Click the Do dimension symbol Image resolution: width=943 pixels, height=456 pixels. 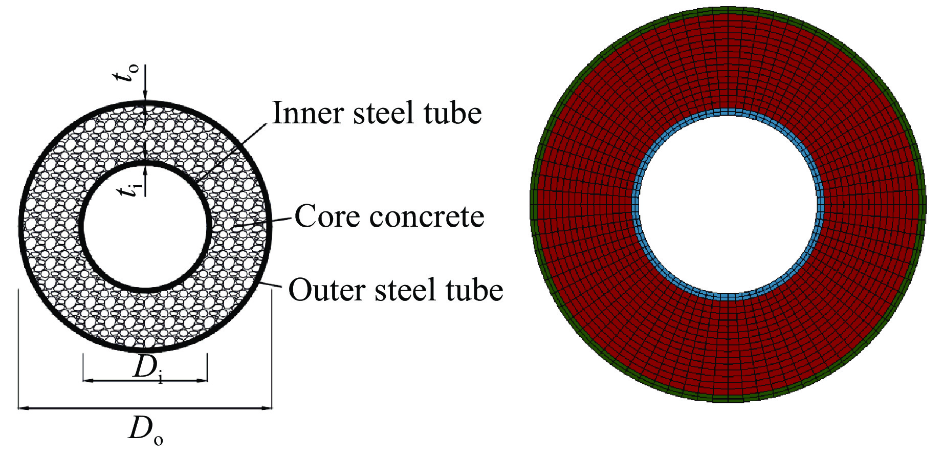pyautogui.click(x=145, y=430)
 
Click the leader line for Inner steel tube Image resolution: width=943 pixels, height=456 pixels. pyautogui.click(x=233, y=151)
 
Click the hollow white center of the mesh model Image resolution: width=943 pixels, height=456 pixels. pyautogui.click(x=728, y=205)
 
